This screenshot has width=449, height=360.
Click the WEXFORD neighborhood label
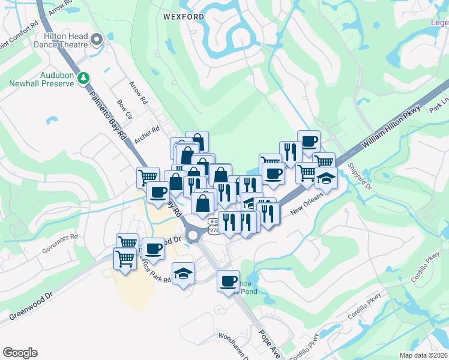[x=179, y=17]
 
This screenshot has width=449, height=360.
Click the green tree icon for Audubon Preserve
[x=85, y=77]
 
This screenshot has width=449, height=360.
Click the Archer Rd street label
[x=147, y=134]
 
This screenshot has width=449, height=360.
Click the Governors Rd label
[x=60, y=241]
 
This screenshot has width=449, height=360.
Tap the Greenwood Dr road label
[x=31, y=306]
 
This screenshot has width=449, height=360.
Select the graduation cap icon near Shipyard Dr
[x=325, y=178]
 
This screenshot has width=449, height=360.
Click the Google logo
[x=20, y=353]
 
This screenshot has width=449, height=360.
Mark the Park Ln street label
[x=438, y=106]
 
